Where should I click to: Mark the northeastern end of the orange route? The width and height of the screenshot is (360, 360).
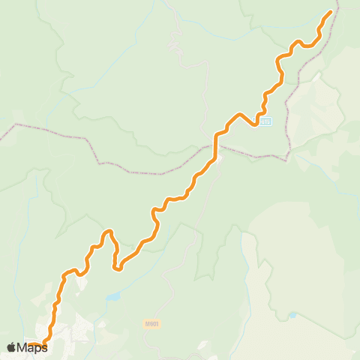(331, 13)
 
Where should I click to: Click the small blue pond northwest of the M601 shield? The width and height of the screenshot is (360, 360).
(112, 298)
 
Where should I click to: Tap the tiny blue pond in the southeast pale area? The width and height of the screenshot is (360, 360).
(292, 315)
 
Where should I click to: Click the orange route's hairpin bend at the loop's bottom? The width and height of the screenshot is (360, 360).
(118, 268)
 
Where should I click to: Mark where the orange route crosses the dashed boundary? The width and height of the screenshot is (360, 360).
(216, 147)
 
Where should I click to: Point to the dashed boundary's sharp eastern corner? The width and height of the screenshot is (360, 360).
(288, 159)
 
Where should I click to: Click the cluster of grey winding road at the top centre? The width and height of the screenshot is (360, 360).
(177, 45)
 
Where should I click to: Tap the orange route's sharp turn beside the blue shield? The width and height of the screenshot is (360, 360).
(257, 124)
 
